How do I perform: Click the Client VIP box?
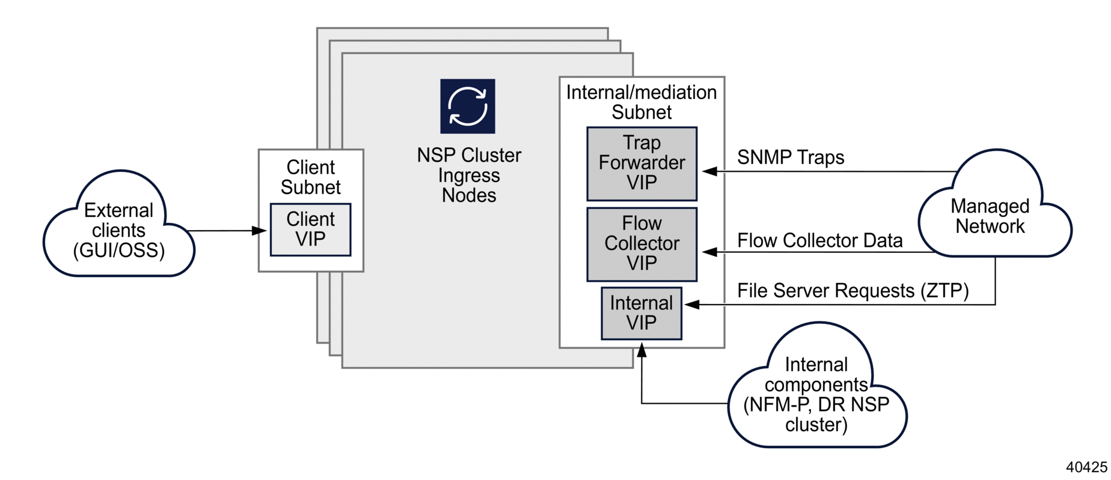(310, 229)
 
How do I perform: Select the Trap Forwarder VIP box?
(641, 163)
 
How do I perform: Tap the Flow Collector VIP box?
(641, 244)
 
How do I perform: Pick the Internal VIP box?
(641, 313)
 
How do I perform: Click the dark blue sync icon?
(467, 106)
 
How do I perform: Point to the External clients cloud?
(119, 229)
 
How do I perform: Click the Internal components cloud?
(816, 393)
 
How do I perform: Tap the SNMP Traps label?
(790, 157)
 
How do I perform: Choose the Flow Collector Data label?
(819, 241)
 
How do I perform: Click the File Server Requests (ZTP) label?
(852, 291)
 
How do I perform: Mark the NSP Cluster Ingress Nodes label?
(469, 175)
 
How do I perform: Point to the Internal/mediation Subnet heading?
(641, 102)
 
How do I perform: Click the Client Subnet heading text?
(310, 177)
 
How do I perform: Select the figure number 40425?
(1086, 467)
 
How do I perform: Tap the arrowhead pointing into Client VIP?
(260, 231)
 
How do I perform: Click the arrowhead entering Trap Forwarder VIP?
(710, 171)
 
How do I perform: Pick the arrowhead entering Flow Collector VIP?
(710, 252)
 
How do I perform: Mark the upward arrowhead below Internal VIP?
(641, 350)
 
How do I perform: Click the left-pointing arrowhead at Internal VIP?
(692, 305)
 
